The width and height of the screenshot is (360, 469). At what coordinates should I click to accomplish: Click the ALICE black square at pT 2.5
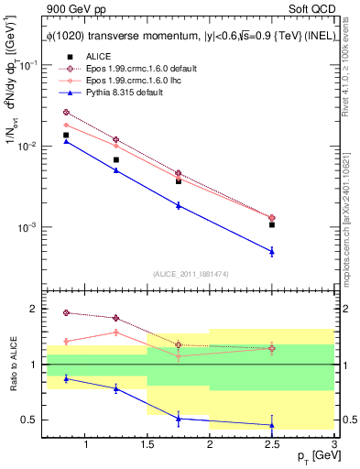(x=272, y=224)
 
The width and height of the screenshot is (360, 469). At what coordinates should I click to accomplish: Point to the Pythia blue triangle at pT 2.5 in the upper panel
(x=272, y=251)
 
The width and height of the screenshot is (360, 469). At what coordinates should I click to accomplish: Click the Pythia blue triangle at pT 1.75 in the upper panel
(x=179, y=205)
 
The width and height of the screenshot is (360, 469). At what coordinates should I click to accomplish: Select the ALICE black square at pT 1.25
(x=115, y=159)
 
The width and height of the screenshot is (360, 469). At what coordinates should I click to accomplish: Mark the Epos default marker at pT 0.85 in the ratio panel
(x=66, y=312)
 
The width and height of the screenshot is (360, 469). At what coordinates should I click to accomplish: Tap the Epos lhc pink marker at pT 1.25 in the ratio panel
(x=115, y=332)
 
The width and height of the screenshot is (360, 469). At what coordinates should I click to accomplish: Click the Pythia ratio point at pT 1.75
(x=179, y=419)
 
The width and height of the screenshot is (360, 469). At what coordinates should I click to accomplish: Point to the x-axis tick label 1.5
(x=147, y=444)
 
